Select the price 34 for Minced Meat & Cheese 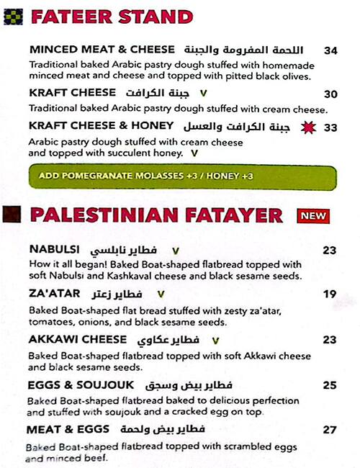[330, 50]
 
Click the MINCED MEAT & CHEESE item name [102, 50]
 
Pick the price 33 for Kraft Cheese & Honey [330, 127]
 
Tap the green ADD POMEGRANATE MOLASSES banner [182, 176]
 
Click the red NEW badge [313, 215]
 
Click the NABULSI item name [55, 250]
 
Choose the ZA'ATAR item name [53, 293]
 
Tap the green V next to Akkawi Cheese [215, 340]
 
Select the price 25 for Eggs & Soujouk [330, 385]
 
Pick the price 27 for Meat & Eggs [330, 430]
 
